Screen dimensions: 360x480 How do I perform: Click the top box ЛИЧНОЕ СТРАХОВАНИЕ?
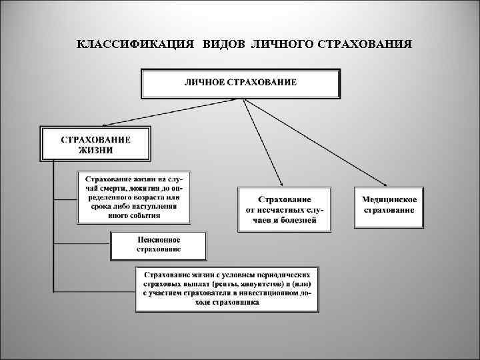241,83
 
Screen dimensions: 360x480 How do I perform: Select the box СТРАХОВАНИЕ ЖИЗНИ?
96,144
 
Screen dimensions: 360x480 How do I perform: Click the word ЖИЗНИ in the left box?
96,150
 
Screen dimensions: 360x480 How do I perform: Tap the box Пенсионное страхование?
159,245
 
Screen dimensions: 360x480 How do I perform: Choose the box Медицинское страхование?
389,205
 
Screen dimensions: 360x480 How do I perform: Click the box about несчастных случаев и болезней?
285,209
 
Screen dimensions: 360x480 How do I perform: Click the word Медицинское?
389,199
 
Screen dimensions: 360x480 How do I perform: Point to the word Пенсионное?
159,240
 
